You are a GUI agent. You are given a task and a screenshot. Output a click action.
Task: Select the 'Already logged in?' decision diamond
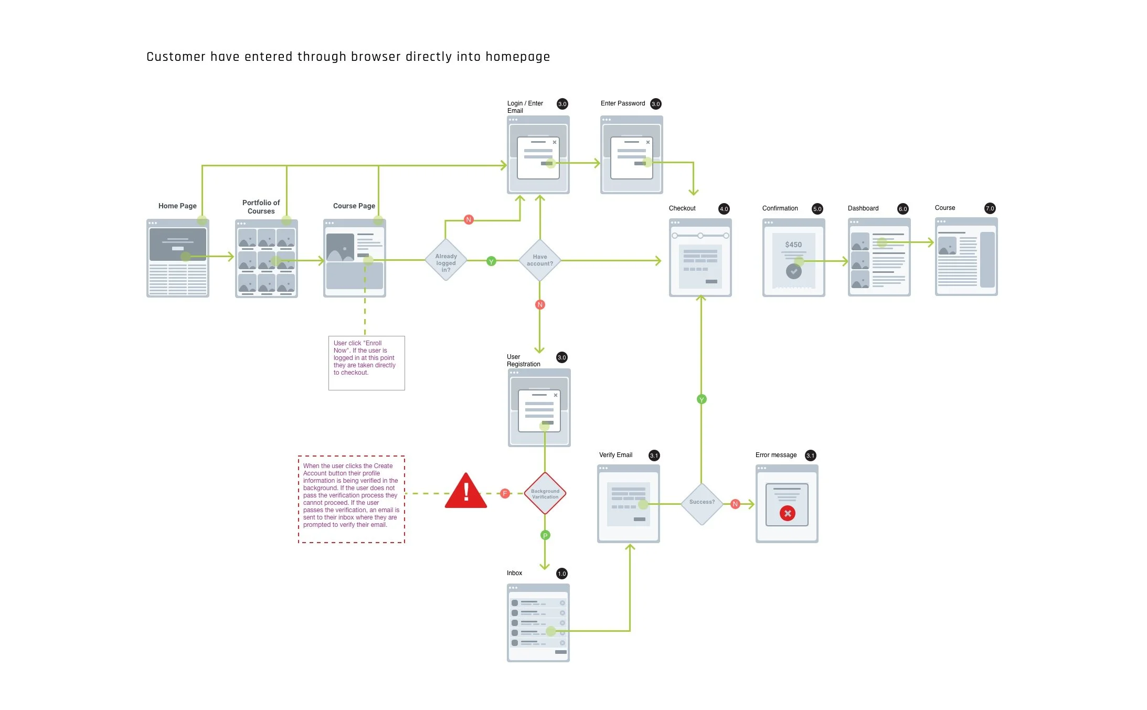point(445,260)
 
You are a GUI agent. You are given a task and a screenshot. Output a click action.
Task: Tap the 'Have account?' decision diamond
point(539,260)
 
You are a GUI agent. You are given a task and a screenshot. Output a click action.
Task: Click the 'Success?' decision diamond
point(702,502)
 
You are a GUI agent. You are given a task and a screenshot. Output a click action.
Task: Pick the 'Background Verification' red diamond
point(545,494)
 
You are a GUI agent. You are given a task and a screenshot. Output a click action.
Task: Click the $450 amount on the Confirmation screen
point(793,245)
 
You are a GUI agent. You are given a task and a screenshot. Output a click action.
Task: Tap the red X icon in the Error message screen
point(787,513)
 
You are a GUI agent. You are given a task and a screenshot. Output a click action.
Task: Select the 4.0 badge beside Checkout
point(724,209)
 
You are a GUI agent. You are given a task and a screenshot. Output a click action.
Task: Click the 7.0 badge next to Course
point(990,208)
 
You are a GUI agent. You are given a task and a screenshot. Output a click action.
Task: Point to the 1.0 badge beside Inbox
point(562,574)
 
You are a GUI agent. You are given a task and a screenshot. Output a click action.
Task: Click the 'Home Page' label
point(177,206)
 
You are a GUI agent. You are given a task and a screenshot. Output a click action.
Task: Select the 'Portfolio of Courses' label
point(261,207)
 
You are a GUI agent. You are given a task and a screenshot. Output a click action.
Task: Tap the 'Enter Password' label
point(623,103)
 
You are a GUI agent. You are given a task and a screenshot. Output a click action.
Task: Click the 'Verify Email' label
point(615,455)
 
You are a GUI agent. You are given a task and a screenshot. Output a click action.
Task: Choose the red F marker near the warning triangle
point(505,493)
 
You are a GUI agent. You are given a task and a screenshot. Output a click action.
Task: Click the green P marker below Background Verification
point(545,535)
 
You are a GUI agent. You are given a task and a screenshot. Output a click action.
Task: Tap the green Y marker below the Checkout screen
point(702,399)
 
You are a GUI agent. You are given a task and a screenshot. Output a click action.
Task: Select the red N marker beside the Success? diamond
point(735,504)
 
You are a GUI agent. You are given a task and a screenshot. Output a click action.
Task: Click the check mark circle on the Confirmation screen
point(793,271)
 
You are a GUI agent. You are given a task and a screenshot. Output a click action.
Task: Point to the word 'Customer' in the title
point(176,57)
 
